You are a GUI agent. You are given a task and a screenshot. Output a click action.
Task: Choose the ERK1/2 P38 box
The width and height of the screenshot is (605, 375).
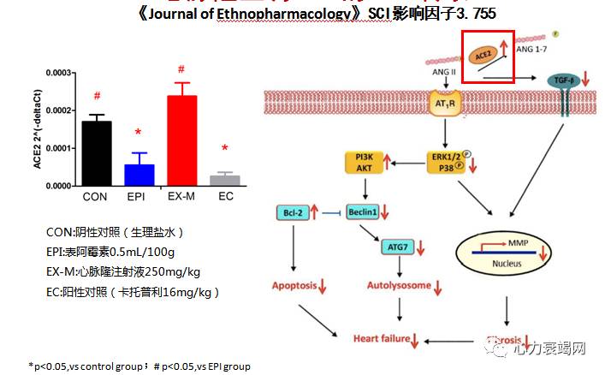point(448,162)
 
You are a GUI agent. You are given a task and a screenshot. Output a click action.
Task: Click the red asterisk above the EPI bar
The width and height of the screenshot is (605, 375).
point(137,133)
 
